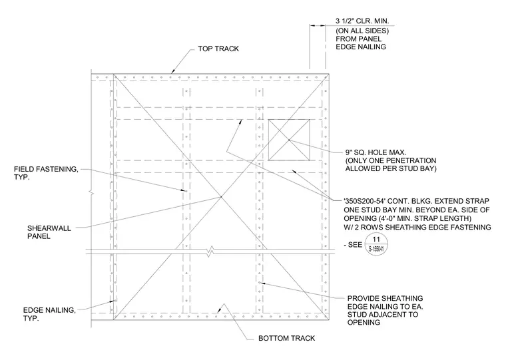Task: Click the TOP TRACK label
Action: pyautogui.click(x=218, y=49)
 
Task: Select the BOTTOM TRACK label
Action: pyautogui.click(x=286, y=339)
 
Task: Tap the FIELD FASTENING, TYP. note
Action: pyautogui.click(x=46, y=173)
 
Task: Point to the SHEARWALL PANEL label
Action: pyautogui.click(x=49, y=232)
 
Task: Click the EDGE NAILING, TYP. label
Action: pyautogui.click(x=49, y=314)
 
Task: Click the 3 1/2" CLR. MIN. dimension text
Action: pyautogui.click(x=362, y=21)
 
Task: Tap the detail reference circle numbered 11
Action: pyautogui.click(x=376, y=244)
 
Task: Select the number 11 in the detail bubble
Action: pyautogui.click(x=376, y=240)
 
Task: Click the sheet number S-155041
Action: pyautogui.click(x=376, y=249)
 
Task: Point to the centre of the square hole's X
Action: pyautogui.click(x=289, y=140)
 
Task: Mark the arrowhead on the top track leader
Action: pyautogui.click(x=172, y=71)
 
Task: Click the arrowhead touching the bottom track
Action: pyautogui.click(x=219, y=311)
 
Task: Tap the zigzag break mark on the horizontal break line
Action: pyautogui.click(x=210, y=252)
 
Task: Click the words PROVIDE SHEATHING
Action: pyautogui.click(x=385, y=298)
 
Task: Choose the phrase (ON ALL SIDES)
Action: pyautogui.click(x=362, y=31)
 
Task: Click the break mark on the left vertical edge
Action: pyautogui.click(x=91, y=193)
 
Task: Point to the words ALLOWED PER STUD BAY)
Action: pyautogui.click(x=390, y=168)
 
